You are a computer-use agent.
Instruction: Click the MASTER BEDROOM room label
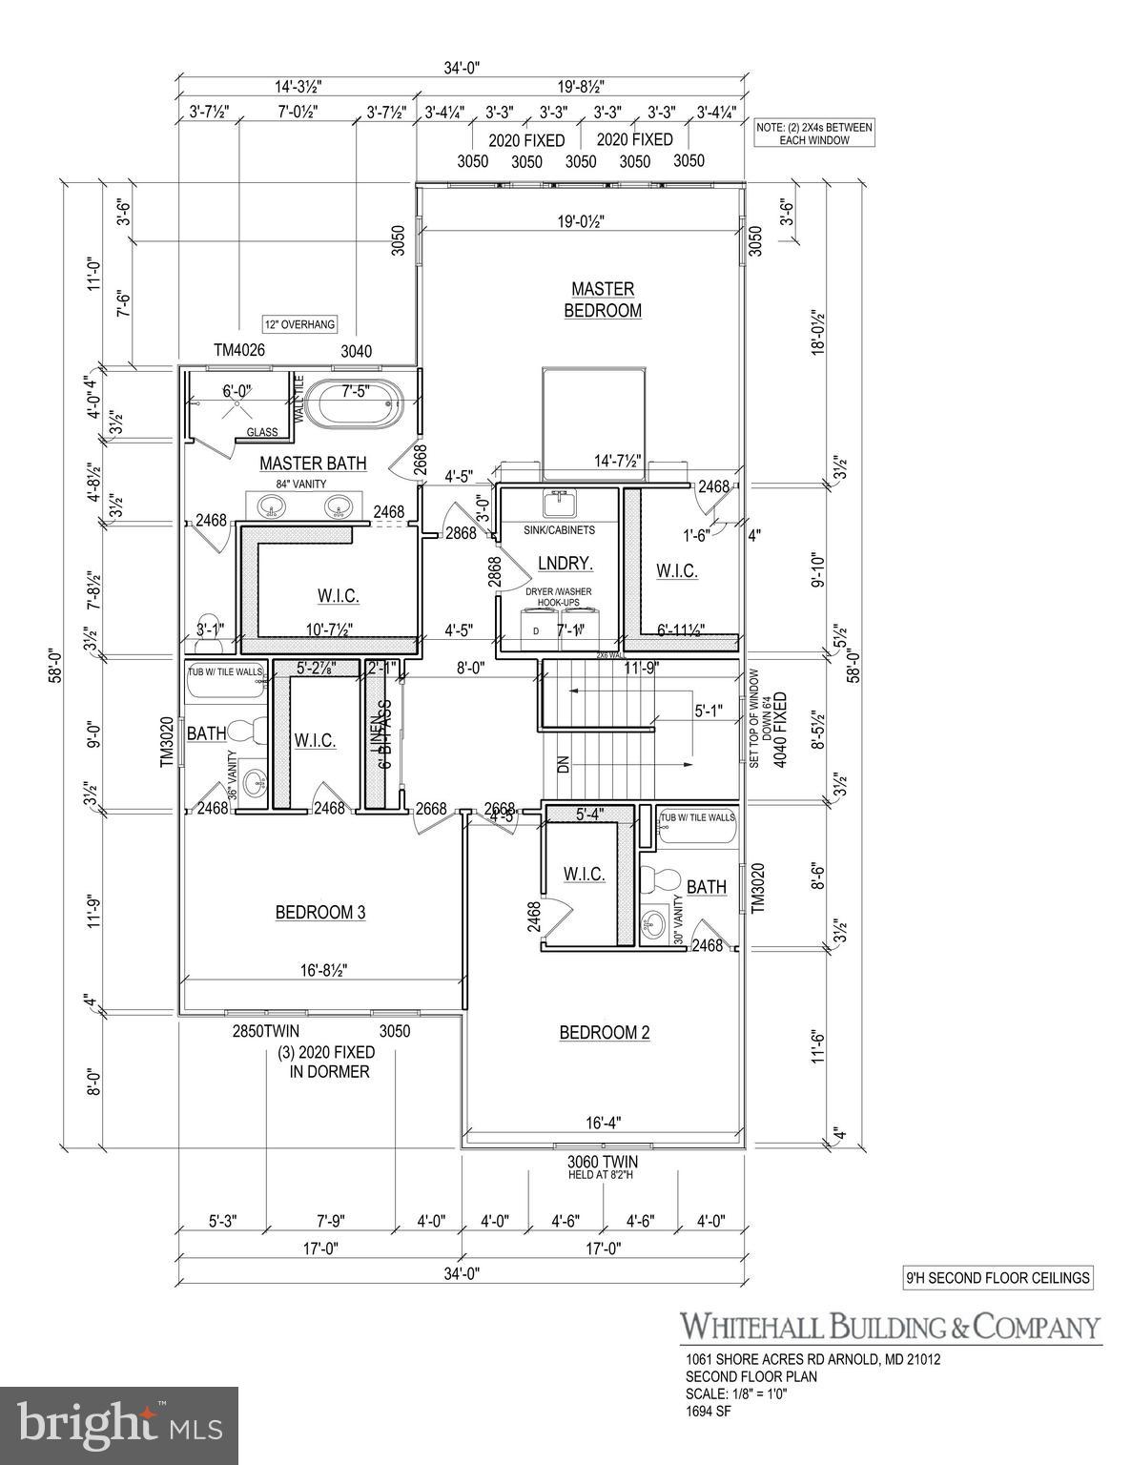click(602, 299)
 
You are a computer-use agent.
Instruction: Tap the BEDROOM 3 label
click(319, 913)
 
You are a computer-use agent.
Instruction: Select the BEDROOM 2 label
click(604, 1033)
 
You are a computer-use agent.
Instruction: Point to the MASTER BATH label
click(313, 464)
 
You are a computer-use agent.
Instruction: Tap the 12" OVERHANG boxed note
click(300, 324)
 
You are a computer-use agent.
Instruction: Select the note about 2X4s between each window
click(814, 134)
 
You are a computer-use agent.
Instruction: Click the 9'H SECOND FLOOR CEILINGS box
click(997, 1278)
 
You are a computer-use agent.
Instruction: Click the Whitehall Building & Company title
click(889, 1327)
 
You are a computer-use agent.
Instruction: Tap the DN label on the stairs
click(563, 764)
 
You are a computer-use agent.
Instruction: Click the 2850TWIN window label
click(266, 1031)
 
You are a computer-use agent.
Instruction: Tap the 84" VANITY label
click(300, 485)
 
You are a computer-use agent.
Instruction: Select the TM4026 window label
click(238, 351)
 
